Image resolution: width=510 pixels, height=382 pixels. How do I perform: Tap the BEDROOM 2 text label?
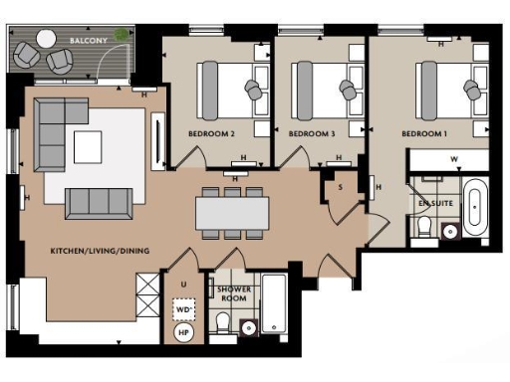[x=211, y=132]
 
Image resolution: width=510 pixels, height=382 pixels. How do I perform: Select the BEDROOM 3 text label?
[x=310, y=132]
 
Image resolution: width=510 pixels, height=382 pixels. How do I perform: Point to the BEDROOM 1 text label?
[x=424, y=132]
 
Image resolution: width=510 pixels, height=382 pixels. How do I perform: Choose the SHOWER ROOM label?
[x=233, y=294]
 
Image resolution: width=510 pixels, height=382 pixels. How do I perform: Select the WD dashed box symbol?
[x=183, y=310]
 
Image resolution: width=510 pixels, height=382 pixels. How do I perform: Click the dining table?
[x=231, y=211]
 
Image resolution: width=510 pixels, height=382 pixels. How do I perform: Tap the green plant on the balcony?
[x=121, y=35]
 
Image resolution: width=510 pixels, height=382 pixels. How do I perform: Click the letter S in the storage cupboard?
[x=340, y=186]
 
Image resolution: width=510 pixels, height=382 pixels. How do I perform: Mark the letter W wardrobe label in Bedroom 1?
[x=454, y=159]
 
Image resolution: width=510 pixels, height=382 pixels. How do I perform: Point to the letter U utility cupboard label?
[x=183, y=285]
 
